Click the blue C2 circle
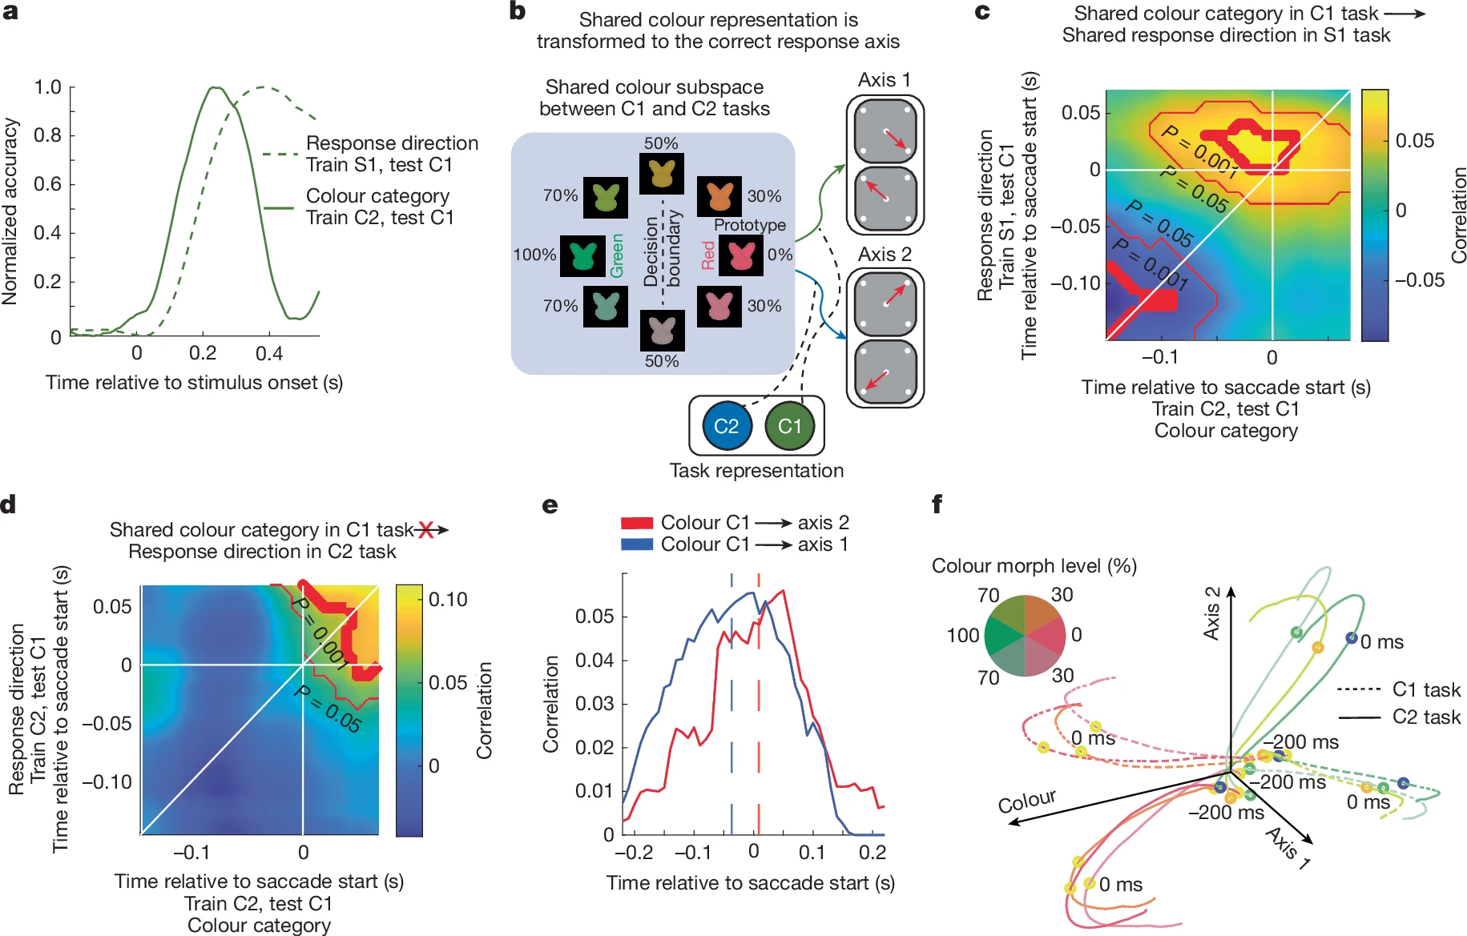tap(726, 426)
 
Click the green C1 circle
tap(789, 426)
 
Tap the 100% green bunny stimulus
tap(582, 256)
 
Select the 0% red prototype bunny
tap(741, 255)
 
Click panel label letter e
tap(550, 505)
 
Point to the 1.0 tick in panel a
tap(47, 86)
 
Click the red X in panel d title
tap(425, 529)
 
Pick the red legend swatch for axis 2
tap(637, 523)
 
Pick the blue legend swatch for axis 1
tap(637, 544)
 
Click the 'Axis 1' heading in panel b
tap(884, 80)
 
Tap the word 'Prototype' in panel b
tap(750, 225)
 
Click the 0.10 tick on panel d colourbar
tap(448, 599)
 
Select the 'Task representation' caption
tap(756, 471)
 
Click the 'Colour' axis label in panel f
tap(1026, 801)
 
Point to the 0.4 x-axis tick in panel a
tap(269, 353)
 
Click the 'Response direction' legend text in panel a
tap(392, 143)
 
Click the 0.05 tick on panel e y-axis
tap(594, 617)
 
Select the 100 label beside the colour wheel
tap(963, 636)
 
